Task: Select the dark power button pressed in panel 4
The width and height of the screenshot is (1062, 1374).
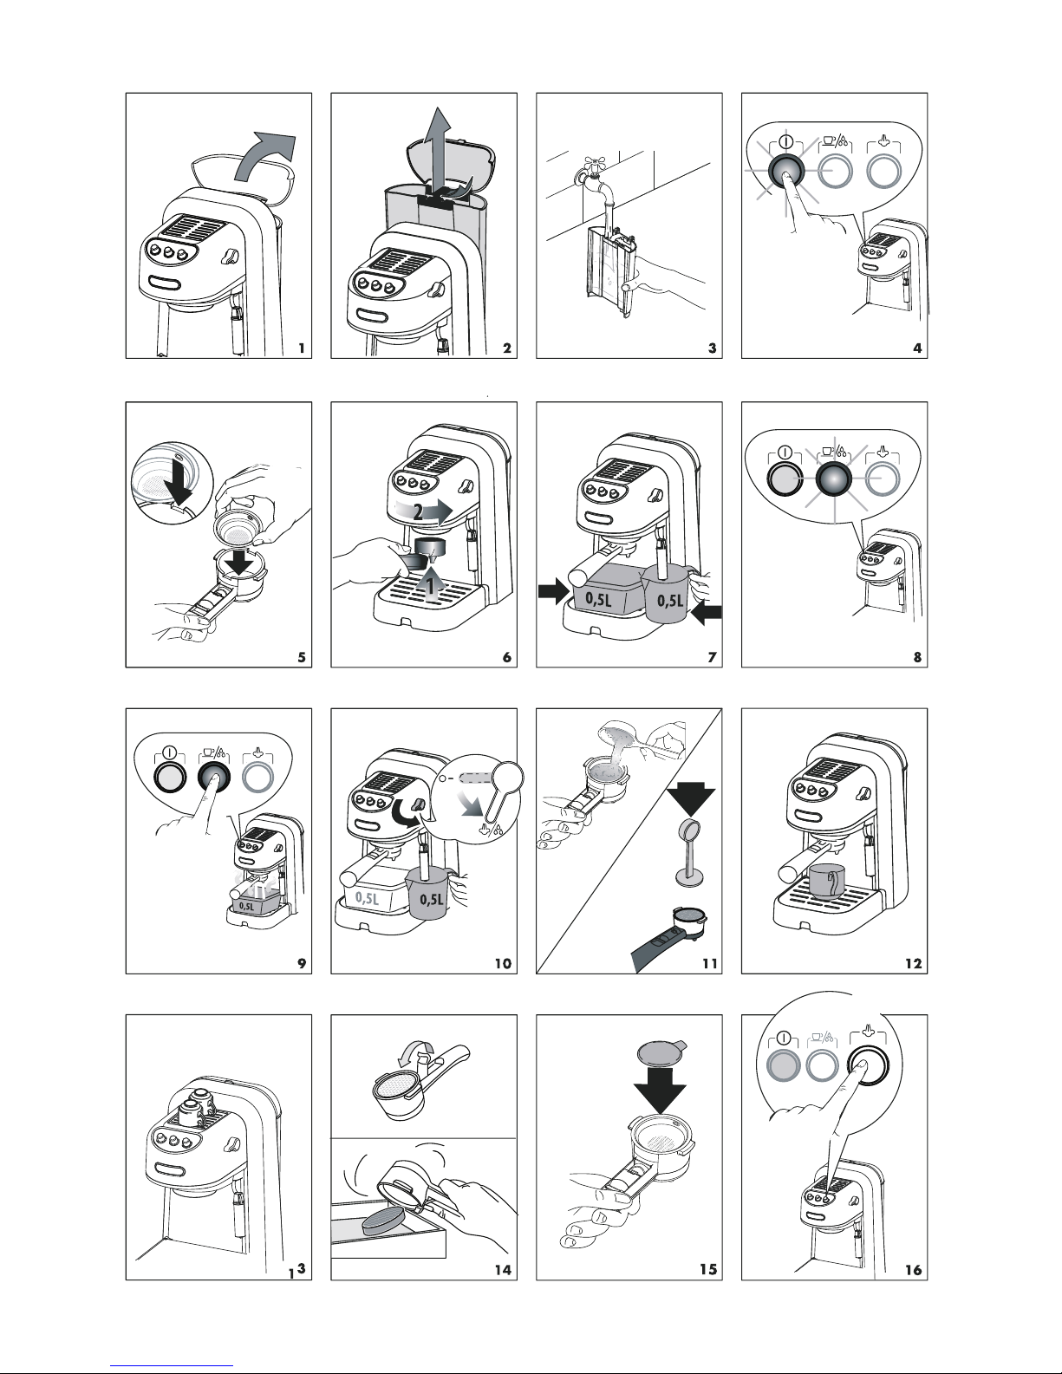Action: (x=785, y=171)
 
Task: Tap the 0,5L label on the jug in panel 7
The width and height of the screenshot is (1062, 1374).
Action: (x=670, y=600)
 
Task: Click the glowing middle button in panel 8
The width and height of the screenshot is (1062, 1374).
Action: (x=835, y=479)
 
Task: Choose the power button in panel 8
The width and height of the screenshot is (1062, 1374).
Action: (x=784, y=479)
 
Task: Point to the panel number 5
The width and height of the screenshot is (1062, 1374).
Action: (x=302, y=658)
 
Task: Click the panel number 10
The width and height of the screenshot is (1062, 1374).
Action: (x=503, y=964)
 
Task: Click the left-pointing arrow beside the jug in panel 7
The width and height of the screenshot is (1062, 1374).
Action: (x=707, y=612)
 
